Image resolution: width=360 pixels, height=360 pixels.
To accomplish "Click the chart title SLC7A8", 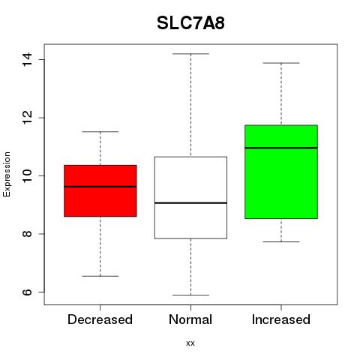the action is pos(190,23).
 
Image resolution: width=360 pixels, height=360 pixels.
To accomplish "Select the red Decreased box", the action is pos(100,190).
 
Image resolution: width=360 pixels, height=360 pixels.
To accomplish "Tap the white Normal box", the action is pos(190,197).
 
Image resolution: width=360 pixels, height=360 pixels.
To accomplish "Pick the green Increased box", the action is pos(281,172).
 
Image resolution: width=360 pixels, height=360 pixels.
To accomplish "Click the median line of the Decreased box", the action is pos(100,187).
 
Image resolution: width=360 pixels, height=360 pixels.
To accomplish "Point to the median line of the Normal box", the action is pos(190,202).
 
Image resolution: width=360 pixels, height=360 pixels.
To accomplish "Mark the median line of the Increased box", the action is pos(281,148).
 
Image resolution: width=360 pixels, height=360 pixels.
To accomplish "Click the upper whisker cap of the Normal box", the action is pos(190,54).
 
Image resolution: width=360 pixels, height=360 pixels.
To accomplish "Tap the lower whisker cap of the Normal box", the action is pos(190,295).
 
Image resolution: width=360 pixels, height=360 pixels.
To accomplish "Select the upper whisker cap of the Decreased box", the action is pos(100,131).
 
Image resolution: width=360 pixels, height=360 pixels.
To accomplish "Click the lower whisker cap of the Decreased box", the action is pos(100,276).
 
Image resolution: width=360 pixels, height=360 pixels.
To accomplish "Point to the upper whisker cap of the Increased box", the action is pos(281,63).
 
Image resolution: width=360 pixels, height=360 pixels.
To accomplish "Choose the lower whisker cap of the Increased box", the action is pos(281,241).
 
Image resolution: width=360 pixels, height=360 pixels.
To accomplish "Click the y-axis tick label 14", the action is pos(27,59).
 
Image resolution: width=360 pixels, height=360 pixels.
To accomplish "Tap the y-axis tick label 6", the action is pos(27,292).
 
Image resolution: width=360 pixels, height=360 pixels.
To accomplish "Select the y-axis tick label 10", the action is pos(27,175).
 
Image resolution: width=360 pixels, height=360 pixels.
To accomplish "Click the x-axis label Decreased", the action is pos(100,319).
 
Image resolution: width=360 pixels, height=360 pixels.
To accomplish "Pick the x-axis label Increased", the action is pos(281,319).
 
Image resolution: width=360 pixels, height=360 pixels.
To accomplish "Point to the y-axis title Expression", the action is pos(7,174).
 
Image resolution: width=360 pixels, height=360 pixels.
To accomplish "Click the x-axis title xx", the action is pos(190,343).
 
